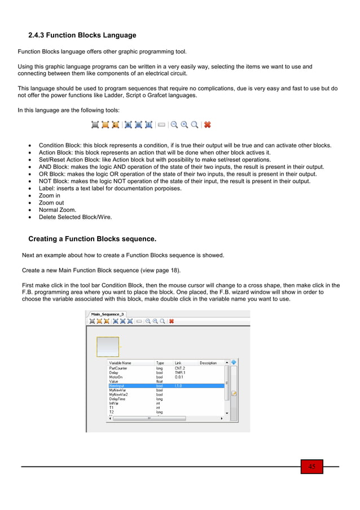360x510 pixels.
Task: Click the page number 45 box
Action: [x=311, y=467]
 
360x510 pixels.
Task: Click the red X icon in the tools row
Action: [x=207, y=125]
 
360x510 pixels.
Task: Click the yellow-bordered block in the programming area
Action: [x=108, y=346]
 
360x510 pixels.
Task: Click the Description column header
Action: [x=208, y=363]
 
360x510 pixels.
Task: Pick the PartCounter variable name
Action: [x=119, y=368]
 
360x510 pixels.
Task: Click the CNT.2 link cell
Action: [x=179, y=368]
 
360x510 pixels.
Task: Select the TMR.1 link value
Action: [x=179, y=373]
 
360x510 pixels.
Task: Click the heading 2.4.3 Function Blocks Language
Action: [x=82, y=35]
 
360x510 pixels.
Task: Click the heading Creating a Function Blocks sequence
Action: [x=92, y=239]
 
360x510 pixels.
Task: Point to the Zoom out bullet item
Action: [x=51, y=203]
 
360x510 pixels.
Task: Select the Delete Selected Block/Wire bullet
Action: [x=75, y=217]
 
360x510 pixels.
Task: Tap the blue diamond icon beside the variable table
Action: [x=234, y=362]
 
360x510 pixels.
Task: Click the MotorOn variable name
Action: [x=117, y=377]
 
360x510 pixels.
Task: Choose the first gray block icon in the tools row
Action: [x=95, y=125]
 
